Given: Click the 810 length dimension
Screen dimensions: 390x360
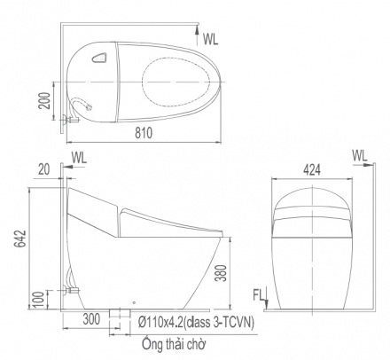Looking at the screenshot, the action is [x=144, y=133].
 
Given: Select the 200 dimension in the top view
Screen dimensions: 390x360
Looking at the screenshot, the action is [x=45, y=100].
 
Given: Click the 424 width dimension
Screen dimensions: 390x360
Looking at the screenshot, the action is [x=312, y=170].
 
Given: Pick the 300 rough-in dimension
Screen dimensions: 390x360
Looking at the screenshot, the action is [x=91, y=319].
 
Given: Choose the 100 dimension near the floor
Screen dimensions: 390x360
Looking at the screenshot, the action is [x=39, y=299].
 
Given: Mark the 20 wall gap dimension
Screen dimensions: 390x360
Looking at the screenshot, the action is [x=44, y=169].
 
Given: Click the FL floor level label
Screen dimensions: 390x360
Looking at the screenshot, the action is [x=258, y=295].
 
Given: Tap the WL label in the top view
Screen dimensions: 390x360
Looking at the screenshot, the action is [x=211, y=39].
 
